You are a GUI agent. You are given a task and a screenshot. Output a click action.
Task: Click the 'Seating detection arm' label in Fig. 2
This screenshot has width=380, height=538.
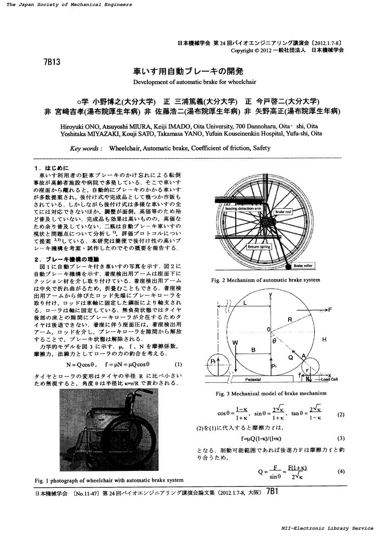[242, 208]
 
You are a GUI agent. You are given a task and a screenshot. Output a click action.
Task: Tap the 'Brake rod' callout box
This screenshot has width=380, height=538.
[283, 212]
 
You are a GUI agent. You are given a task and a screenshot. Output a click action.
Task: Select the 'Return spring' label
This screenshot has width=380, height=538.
[259, 247]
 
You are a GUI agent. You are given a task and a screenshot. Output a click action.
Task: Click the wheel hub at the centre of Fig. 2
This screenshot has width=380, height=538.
[265, 223]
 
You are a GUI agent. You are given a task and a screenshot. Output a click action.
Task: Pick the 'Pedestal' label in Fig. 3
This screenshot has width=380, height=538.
[253, 380]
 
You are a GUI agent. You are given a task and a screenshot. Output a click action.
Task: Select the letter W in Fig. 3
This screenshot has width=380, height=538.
[236, 343]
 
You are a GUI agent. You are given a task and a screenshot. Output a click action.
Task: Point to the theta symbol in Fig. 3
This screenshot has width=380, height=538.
[274, 342]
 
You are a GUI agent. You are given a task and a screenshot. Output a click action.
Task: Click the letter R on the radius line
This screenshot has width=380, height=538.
[290, 319]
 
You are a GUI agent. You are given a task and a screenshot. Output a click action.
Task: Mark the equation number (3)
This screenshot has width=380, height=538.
[340, 438]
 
